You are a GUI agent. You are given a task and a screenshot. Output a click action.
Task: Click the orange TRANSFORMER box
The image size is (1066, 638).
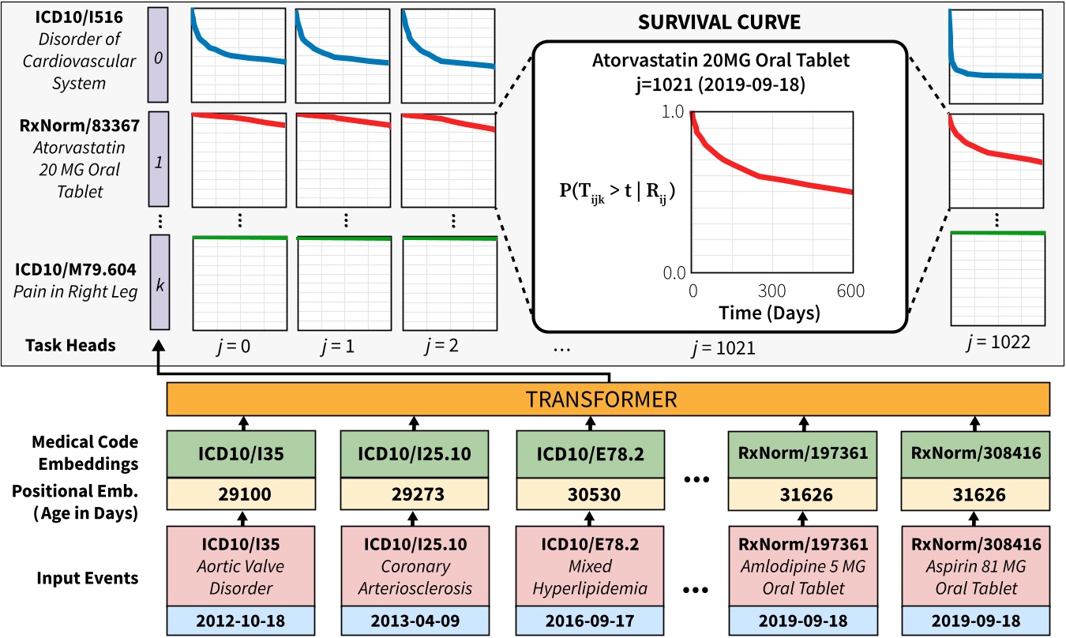tap(608, 400)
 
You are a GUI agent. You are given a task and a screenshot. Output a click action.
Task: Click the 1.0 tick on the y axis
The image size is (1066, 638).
tap(676, 113)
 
